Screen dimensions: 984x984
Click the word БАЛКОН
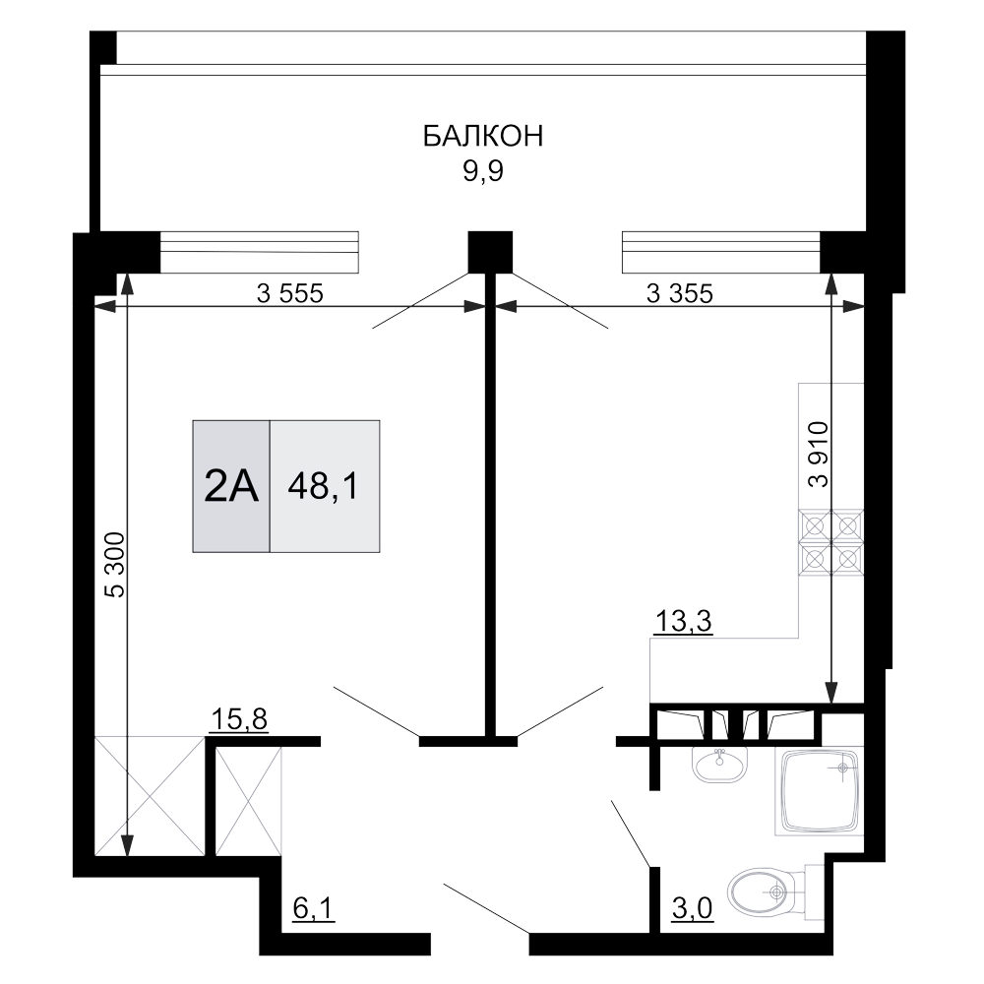pyautogui.click(x=482, y=136)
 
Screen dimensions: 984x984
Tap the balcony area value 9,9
pyautogui.click(x=483, y=171)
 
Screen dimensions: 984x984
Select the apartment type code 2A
pyautogui.click(x=231, y=487)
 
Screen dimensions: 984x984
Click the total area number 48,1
pyautogui.click(x=323, y=486)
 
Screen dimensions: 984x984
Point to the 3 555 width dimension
pyautogui.click(x=290, y=293)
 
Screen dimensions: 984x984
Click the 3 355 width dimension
pyautogui.click(x=680, y=293)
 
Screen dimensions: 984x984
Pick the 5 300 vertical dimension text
pyautogui.click(x=116, y=565)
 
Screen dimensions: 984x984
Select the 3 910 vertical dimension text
pyautogui.click(x=819, y=455)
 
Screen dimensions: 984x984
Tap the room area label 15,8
pyautogui.click(x=238, y=719)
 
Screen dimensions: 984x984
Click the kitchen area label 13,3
pyautogui.click(x=684, y=622)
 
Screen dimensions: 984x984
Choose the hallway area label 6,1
pyautogui.click(x=314, y=908)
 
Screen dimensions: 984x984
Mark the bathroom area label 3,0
pyautogui.click(x=692, y=908)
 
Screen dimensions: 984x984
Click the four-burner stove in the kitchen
pyautogui.click(x=830, y=541)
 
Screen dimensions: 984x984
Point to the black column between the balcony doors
pyautogui.click(x=490, y=252)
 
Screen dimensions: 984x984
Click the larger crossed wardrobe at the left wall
pyautogui.click(x=150, y=796)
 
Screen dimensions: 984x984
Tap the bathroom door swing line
pyautogui.click(x=630, y=832)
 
